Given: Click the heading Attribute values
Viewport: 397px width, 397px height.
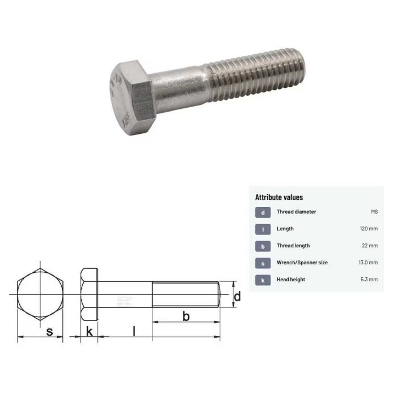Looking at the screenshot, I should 279,197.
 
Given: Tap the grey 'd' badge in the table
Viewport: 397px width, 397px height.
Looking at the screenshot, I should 263,212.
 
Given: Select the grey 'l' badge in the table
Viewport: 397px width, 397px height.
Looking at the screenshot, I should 263,229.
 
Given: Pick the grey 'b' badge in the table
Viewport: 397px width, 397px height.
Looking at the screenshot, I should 263,246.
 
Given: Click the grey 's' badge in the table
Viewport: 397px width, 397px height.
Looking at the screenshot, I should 263,263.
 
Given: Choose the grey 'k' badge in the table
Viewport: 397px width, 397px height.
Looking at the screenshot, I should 263,280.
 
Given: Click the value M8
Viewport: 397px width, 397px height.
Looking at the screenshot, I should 374,212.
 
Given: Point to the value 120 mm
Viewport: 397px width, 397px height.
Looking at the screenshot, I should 368,229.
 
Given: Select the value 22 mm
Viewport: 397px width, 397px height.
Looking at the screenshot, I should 370,246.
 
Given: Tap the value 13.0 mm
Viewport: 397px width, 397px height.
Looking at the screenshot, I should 368,263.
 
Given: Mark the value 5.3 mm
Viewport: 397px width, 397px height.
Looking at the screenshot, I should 369,280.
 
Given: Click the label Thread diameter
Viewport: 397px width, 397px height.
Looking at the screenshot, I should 296,212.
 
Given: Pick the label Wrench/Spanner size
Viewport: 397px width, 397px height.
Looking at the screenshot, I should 302,263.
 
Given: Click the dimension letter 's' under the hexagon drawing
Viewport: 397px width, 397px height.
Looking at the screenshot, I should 49,332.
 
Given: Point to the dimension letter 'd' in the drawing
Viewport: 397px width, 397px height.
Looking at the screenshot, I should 238,296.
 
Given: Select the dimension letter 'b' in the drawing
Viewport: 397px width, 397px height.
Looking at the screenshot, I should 185,317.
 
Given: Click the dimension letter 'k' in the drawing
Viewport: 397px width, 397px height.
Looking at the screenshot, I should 89,332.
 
